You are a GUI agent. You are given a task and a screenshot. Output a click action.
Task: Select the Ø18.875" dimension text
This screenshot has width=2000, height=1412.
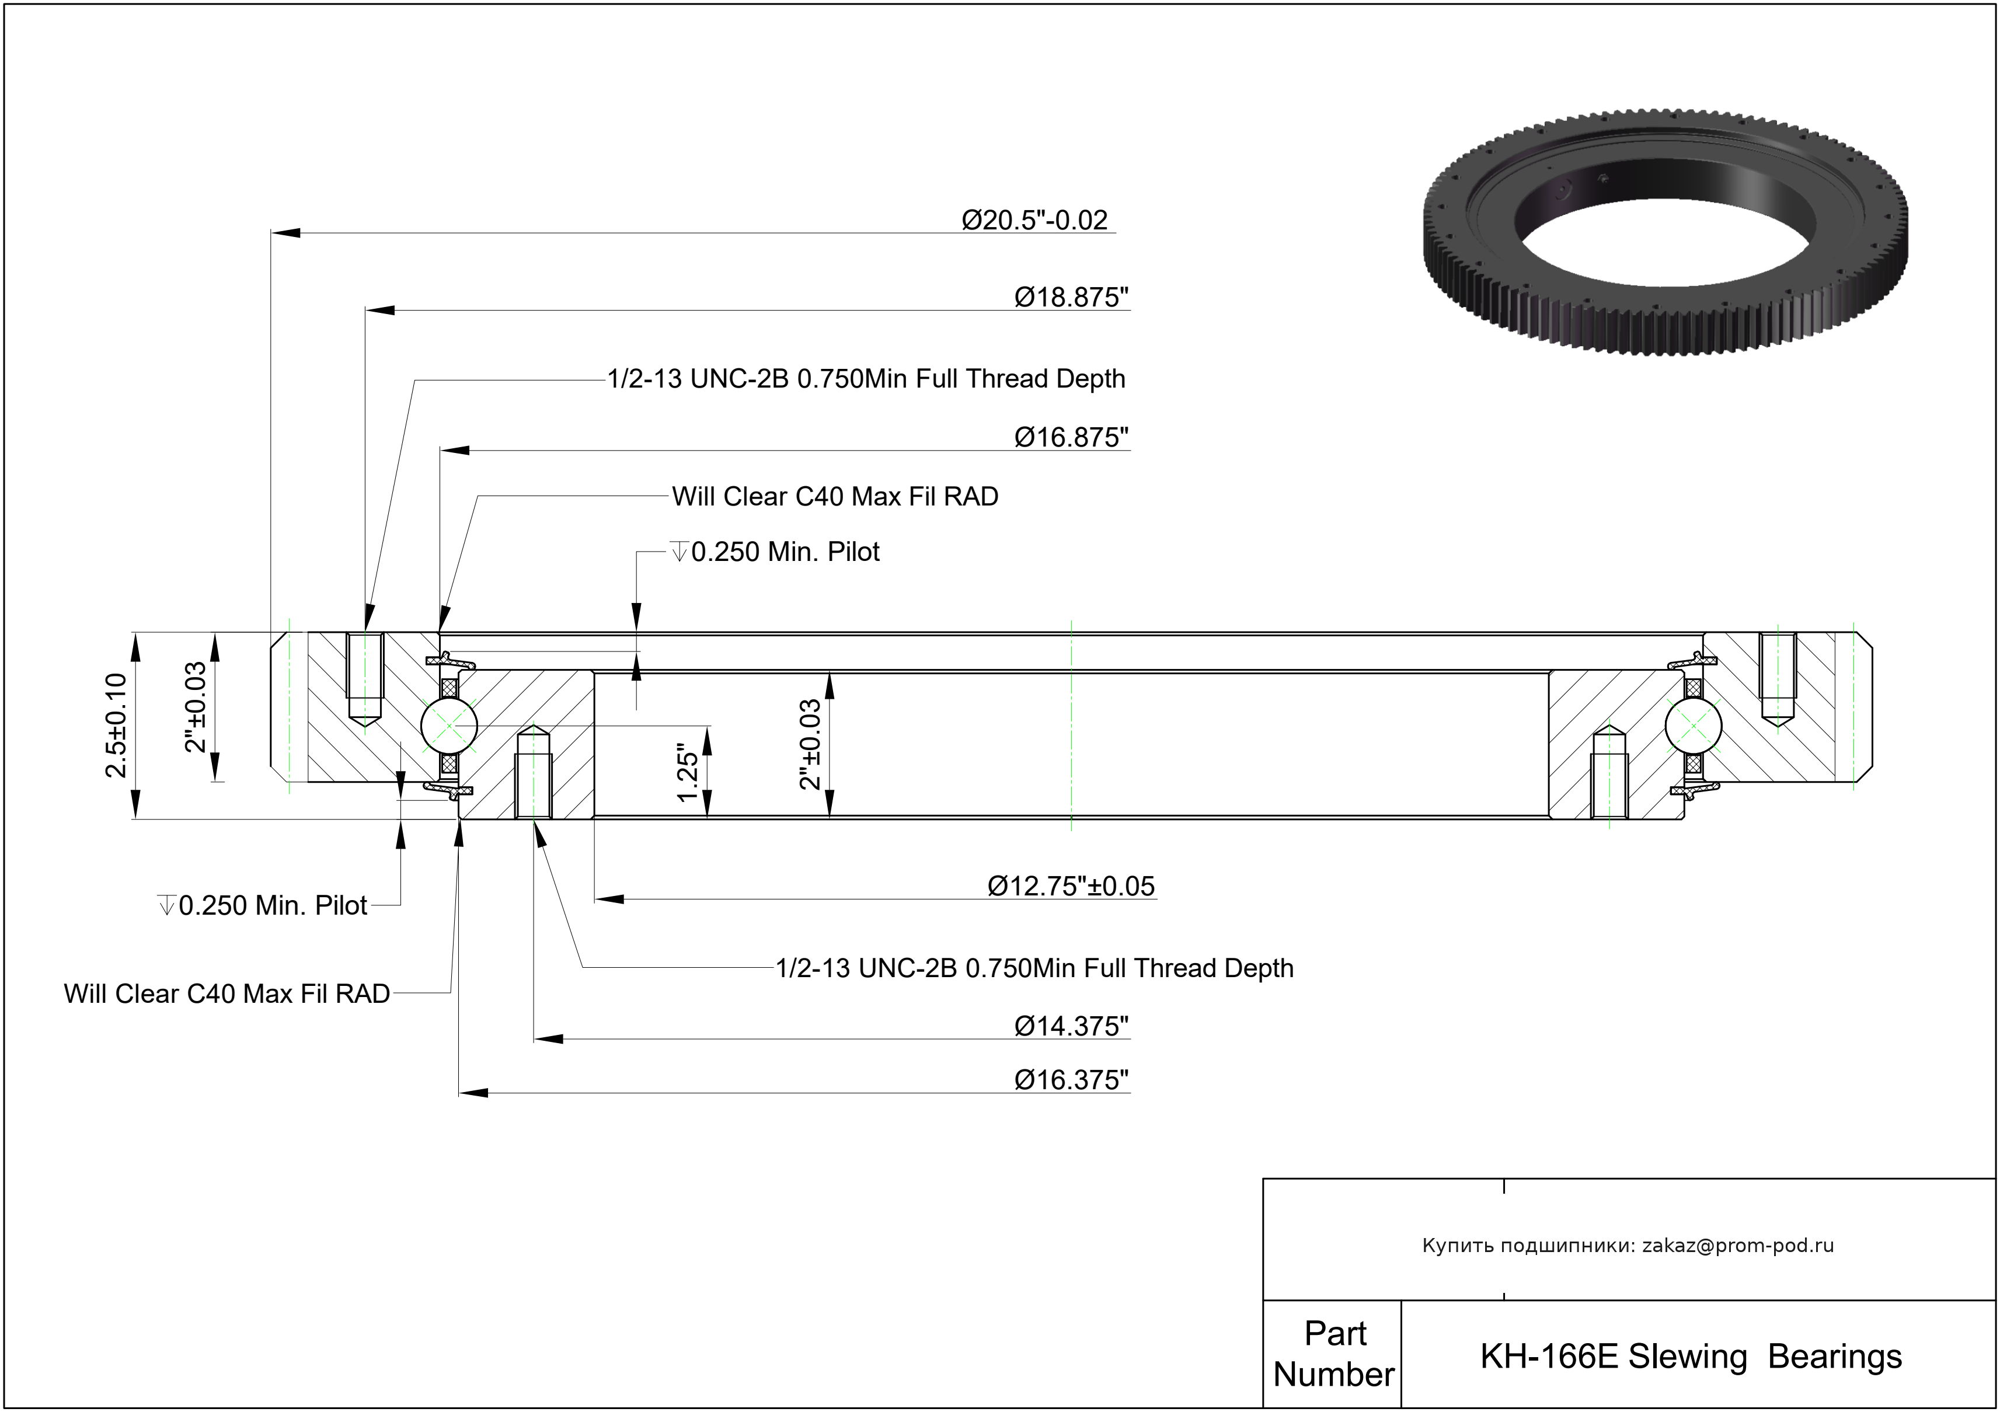tap(1071, 298)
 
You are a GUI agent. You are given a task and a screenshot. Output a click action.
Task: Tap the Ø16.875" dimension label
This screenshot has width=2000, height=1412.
tap(1071, 437)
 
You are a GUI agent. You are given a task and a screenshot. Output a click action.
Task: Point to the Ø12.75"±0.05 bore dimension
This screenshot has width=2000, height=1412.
tap(1071, 887)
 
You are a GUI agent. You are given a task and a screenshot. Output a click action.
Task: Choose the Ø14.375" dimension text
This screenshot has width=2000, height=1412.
tap(1071, 1027)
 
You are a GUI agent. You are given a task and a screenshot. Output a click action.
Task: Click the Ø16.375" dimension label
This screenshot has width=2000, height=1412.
tap(1071, 1080)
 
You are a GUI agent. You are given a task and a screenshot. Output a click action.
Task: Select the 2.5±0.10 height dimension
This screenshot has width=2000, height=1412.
tap(116, 725)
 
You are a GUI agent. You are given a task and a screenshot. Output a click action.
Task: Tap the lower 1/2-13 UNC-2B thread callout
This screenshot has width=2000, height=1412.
tap(1034, 968)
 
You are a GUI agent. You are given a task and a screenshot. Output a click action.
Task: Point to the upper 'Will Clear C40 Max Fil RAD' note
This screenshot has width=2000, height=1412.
tap(834, 497)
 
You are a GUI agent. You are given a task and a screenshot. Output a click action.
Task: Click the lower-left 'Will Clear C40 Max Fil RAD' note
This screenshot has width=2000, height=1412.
tap(227, 994)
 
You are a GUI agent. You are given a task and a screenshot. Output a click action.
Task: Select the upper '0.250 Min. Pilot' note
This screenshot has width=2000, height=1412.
tap(784, 552)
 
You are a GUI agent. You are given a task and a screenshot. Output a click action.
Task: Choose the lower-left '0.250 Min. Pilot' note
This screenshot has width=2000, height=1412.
tap(272, 906)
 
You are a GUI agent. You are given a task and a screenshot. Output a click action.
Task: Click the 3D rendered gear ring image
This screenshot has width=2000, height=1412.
tap(1665, 231)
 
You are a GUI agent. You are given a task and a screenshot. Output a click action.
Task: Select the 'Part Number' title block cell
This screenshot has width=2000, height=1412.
tap(1333, 1354)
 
